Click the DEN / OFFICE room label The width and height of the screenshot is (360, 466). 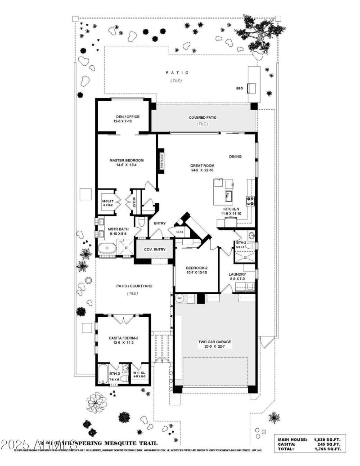point(126,117)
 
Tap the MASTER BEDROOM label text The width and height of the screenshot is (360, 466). point(126,161)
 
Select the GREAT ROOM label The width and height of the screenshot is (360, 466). point(202,166)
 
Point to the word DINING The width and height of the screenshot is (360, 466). point(235,157)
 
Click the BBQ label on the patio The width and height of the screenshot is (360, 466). point(239,89)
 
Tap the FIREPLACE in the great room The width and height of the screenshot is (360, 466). point(162,161)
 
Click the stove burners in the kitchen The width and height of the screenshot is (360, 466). point(250,200)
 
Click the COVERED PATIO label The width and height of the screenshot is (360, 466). point(202,117)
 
